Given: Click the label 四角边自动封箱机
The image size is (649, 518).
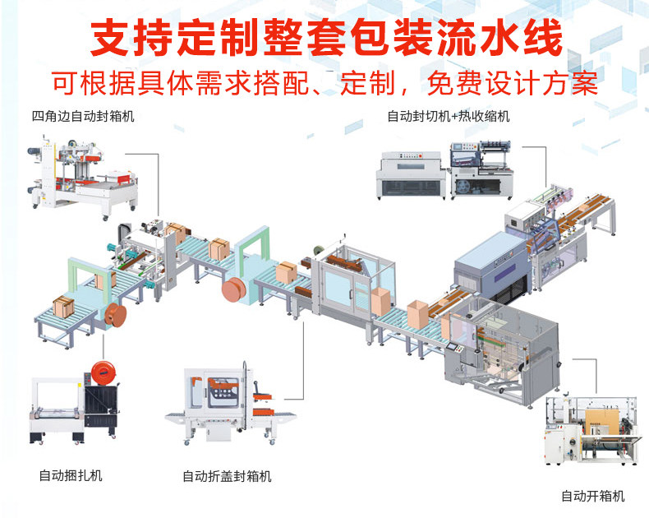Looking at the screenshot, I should pyautogui.click(x=82, y=116).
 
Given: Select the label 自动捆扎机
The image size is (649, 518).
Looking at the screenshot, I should pyautogui.click(x=71, y=475).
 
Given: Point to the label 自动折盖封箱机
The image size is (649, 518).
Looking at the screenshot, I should pyautogui.click(x=227, y=476).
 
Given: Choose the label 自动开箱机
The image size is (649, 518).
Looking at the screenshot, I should pyautogui.click(x=592, y=496).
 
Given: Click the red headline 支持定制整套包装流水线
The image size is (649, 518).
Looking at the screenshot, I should pyautogui.click(x=325, y=39).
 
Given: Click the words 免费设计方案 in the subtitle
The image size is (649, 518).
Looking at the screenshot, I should pyautogui.click(x=518, y=84).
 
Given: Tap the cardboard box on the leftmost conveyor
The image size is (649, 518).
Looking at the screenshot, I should pyautogui.click(x=64, y=308).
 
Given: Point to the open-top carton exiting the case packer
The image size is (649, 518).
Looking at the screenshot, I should pyautogui.click(x=417, y=313).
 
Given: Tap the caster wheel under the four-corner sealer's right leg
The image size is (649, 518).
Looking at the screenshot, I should pyautogui.click(x=105, y=215).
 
